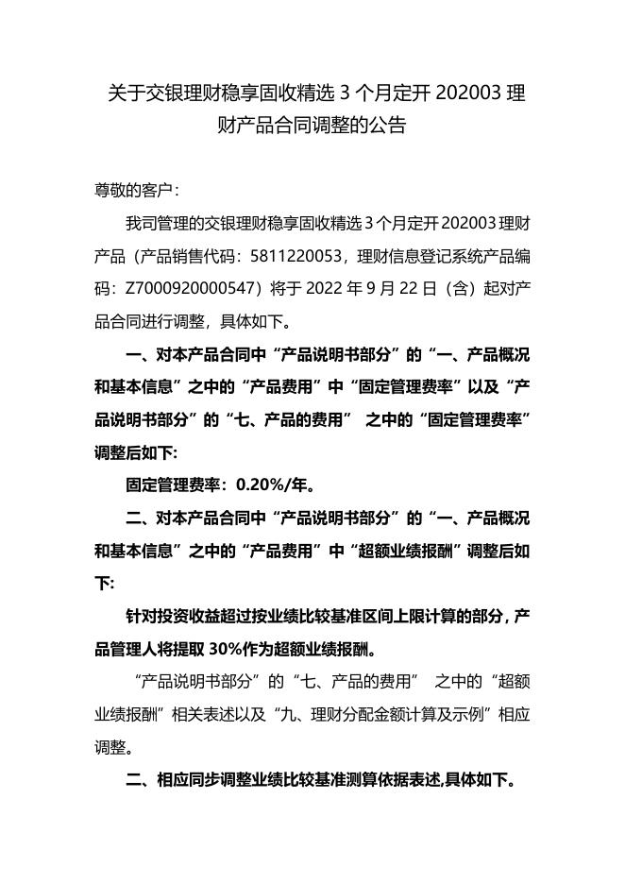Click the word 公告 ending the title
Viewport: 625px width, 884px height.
point(386,125)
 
